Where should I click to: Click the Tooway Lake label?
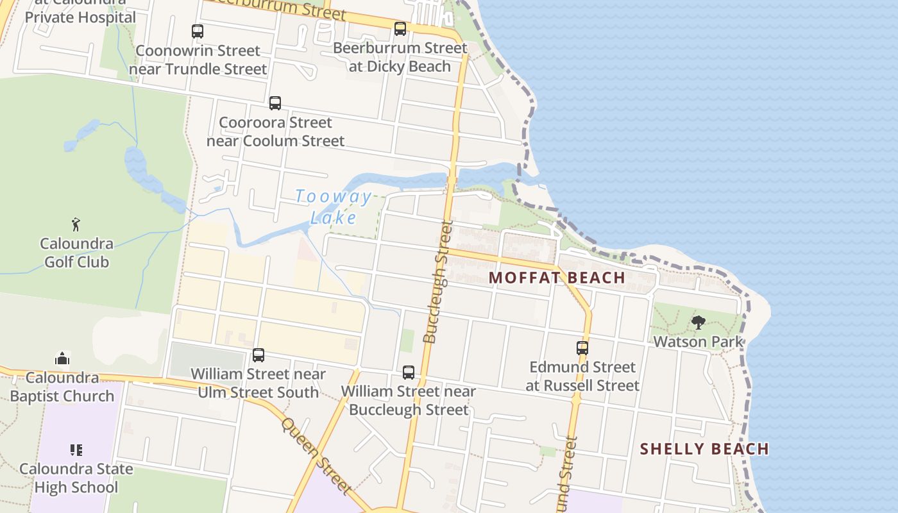tap(333, 206)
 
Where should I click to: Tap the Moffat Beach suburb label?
tap(557, 278)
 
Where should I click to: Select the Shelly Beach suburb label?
tap(704, 449)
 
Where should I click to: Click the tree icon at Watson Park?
tap(698, 323)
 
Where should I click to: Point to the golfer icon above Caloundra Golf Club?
tap(76, 224)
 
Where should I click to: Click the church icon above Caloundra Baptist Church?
tap(62, 358)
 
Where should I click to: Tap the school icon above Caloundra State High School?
tap(76, 450)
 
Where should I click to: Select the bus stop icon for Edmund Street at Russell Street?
tap(582, 348)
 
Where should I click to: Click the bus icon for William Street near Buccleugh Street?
tap(409, 373)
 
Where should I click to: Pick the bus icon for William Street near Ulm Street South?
tap(258, 355)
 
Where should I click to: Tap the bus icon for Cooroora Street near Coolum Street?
tap(275, 103)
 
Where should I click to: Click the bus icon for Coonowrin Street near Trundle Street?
tap(198, 31)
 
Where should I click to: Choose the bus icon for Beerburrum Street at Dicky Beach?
tap(400, 29)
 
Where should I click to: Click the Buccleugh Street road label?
tap(438, 282)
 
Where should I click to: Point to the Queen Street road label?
tap(317, 456)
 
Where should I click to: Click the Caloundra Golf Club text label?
tap(76, 253)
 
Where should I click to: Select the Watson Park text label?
tap(698, 342)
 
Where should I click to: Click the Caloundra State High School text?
tap(76, 478)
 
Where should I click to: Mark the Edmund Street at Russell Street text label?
tap(582, 376)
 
